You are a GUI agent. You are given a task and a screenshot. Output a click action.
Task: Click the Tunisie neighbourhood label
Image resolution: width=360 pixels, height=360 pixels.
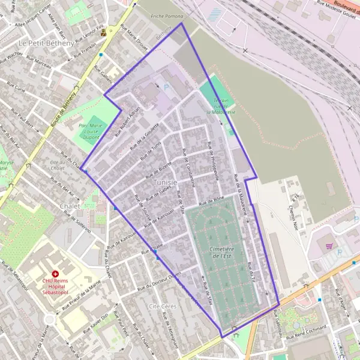[x=164, y=182]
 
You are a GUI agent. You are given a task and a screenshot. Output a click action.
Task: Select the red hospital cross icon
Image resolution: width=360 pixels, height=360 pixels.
[x=55, y=273]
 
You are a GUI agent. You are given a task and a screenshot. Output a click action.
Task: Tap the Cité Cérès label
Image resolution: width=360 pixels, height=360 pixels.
[x=161, y=306]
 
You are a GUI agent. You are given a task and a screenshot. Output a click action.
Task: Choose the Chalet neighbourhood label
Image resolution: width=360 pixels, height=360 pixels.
[x=70, y=206]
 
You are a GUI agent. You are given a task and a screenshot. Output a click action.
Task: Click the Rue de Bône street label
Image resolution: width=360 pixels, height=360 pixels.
[x=211, y=198]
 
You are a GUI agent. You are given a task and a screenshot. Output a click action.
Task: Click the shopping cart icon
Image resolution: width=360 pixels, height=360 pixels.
[x=329, y=245]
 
